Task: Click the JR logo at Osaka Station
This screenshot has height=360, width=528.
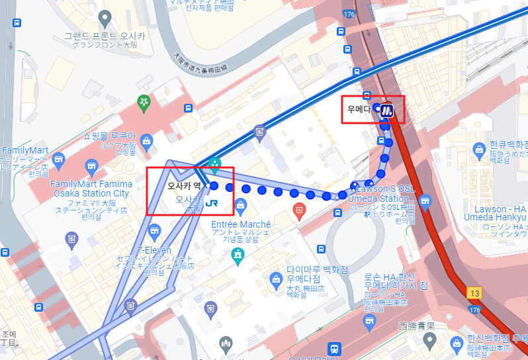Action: tap(213, 204)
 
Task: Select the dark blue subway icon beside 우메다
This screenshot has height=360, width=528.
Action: tap(388, 112)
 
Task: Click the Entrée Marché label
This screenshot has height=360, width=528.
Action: tap(240, 224)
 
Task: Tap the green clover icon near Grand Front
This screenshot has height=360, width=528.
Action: tap(144, 102)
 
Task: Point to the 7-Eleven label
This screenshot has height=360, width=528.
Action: tap(154, 250)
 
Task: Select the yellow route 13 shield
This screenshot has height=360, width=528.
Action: tap(474, 292)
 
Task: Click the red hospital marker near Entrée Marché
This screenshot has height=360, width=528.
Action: tap(299, 212)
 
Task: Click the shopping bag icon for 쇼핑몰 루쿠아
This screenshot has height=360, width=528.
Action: tap(146, 140)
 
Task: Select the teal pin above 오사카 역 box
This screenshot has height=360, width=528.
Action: tap(214, 163)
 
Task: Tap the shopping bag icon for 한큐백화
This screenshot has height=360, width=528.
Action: tap(479, 150)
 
